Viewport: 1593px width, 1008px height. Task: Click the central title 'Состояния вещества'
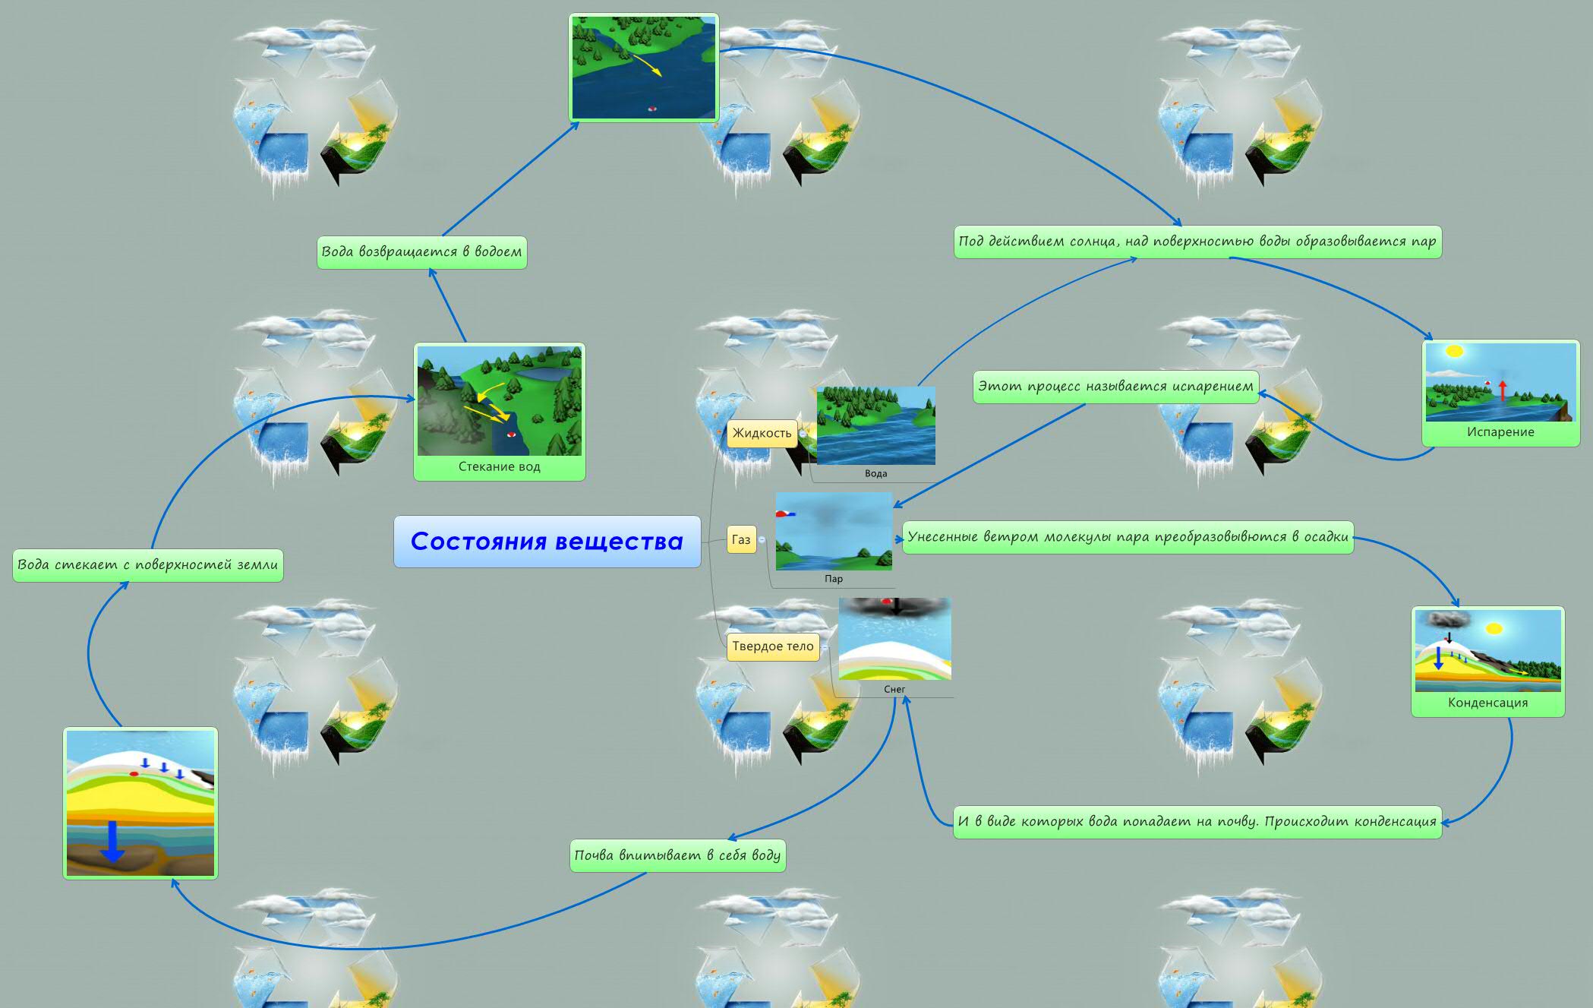[x=547, y=542]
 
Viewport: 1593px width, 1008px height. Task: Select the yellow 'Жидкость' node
[x=762, y=433]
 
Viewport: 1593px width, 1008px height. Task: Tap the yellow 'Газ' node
[x=741, y=540]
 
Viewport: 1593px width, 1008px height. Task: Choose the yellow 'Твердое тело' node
[x=772, y=646]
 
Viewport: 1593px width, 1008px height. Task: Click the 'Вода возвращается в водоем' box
[x=421, y=252]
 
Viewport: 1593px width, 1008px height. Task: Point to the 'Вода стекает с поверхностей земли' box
[x=148, y=565]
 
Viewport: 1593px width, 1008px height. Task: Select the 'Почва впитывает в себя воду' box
[x=677, y=855]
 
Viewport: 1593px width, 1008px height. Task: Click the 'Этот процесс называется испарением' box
[x=1115, y=387]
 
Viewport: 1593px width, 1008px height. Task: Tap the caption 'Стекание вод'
[x=499, y=466]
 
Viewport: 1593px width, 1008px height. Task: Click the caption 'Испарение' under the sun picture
[x=1500, y=432]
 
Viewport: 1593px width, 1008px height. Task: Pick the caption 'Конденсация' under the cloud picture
[x=1487, y=703]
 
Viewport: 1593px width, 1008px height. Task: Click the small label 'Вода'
[x=875, y=473]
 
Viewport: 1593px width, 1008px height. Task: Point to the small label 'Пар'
[x=834, y=579]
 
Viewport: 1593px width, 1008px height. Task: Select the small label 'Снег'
[x=894, y=689]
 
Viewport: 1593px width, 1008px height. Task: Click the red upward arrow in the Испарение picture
[x=1502, y=390]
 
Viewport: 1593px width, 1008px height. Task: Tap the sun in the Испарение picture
[x=1454, y=352]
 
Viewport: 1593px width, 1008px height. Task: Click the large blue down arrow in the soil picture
[x=112, y=840]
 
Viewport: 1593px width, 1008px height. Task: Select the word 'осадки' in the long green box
[x=1325, y=537]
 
